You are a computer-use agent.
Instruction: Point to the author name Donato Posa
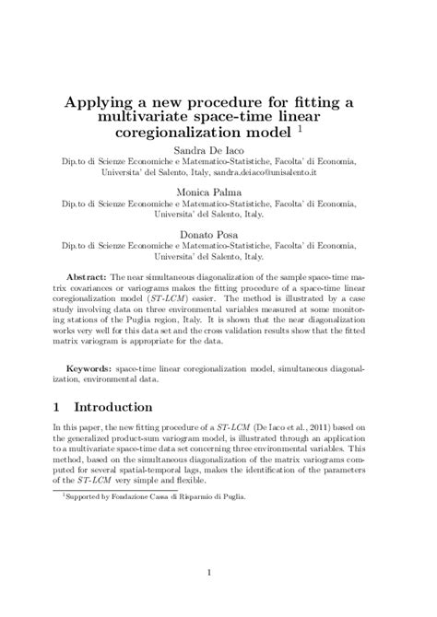[x=218, y=242]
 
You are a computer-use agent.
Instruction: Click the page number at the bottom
[x=218, y=576]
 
